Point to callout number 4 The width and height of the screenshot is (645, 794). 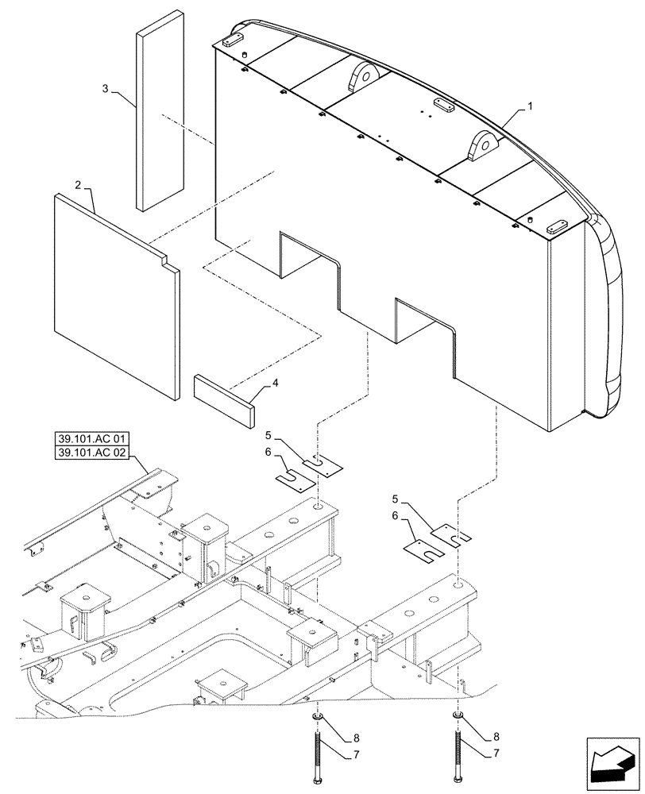tap(276, 383)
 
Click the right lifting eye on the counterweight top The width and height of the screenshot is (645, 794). tap(482, 148)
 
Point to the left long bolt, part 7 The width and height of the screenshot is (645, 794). tap(319, 754)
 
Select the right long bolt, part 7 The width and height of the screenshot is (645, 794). tap(458, 754)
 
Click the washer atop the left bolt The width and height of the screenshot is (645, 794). tap(319, 719)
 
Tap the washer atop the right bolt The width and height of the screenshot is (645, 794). tap(458, 719)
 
